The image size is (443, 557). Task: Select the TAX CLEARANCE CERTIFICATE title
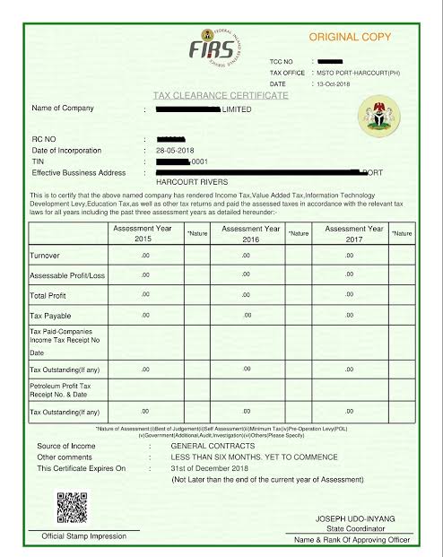(221, 95)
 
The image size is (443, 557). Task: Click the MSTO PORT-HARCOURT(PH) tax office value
(359, 72)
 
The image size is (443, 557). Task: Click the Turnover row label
(46, 256)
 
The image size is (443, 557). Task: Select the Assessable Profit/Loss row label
(67, 275)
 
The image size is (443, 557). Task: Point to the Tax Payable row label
(52, 316)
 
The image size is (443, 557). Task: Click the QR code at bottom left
(71, 507)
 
